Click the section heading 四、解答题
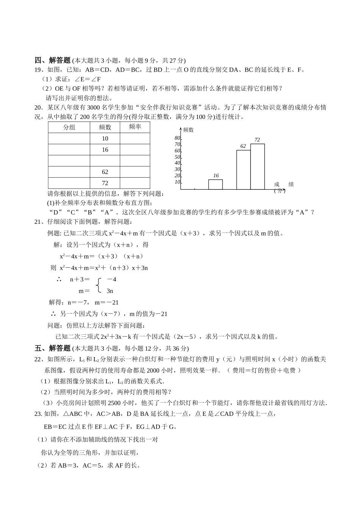pos(53,60)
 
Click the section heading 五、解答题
pos(53,348)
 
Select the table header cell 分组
pos(69,127)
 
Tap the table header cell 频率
pos(135,127)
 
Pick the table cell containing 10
pos(105,139)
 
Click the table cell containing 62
pos(105,172)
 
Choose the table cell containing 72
pos(105,183)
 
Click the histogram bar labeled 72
pos(257,167)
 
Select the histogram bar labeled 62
pos(243,170)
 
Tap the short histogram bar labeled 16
pos(215,184)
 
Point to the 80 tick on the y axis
pos(177,138)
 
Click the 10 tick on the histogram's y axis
pos(177,182)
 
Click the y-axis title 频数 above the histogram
pos(188,130)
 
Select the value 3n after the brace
pos(110,291)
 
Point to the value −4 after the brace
pos(111,279)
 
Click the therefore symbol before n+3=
pos(59,279)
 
